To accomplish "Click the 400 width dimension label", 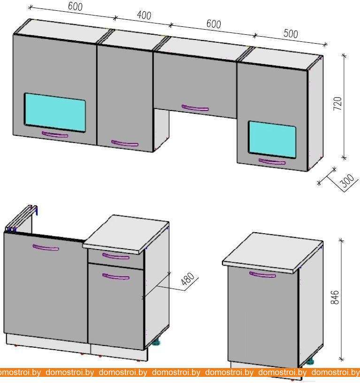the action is click(x=144, y=15).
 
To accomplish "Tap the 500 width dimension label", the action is click(x=291, y=33).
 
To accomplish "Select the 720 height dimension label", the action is click(x=338, y=103).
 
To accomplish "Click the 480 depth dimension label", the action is click(x=188, y=279).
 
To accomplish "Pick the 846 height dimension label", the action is click(x=335, y=297).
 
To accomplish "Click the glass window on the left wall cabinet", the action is click(x=55, y=112).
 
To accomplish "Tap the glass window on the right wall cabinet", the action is click(x=272, y=139).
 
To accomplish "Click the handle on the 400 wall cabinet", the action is click(x=125, y=143).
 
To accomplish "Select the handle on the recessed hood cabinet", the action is click(x=195, y=108).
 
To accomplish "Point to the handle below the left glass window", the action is click(x=55, y=134).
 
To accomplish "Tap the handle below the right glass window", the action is click(x=272, y=162).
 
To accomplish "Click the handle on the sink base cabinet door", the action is click(x=46, y=248).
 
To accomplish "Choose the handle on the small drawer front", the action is click(x=116, y=256).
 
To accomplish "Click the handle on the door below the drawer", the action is click(x=116, y=276).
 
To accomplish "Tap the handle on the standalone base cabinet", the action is click(x=262, y=275).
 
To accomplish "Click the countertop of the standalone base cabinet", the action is click(x=273, y=252).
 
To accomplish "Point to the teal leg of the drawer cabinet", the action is click(x=156, y=343).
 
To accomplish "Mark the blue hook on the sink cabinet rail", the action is click(x=36, y=211).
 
